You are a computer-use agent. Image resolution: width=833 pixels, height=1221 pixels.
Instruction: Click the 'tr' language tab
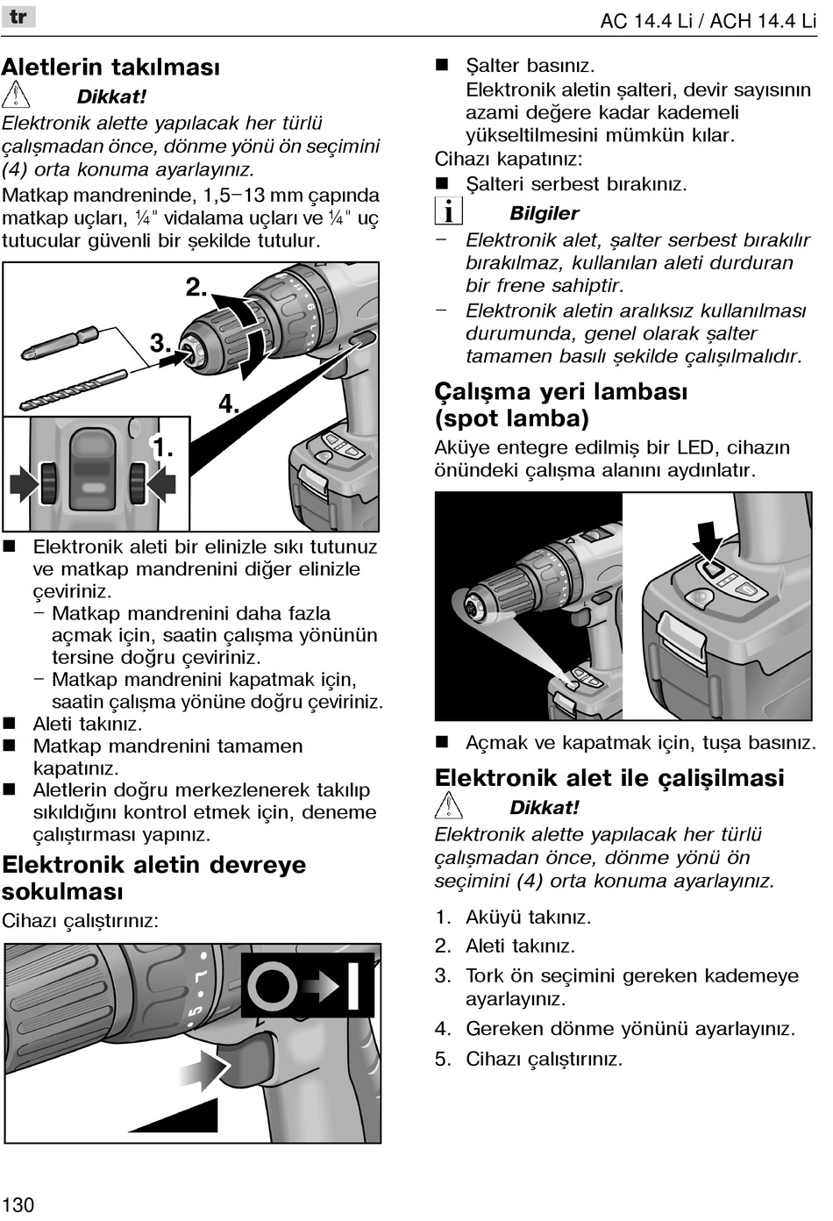18,17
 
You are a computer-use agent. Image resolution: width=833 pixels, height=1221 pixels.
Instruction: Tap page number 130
18,1203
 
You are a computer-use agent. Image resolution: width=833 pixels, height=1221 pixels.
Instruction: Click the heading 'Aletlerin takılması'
110,68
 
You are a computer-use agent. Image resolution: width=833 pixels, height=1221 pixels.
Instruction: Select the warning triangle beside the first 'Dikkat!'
16,95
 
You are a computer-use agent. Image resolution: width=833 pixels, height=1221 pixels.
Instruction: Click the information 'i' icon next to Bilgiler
448,211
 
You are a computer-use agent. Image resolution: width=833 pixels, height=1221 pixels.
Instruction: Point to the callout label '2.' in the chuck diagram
196,287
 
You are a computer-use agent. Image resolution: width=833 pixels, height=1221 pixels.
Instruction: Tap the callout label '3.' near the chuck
160,343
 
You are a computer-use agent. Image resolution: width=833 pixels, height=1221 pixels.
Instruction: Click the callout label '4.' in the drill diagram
229,403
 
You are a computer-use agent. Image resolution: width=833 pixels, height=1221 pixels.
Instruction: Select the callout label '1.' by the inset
163,449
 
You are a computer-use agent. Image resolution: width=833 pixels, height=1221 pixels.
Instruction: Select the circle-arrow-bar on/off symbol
308,985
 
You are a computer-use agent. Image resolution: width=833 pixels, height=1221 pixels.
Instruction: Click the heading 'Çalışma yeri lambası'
561,391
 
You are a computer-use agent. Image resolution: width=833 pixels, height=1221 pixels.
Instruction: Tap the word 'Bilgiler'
544,213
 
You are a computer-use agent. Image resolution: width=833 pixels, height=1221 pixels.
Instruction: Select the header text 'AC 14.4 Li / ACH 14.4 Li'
708,20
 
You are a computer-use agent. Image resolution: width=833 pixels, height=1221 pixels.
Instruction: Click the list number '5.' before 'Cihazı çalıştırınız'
443,1059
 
